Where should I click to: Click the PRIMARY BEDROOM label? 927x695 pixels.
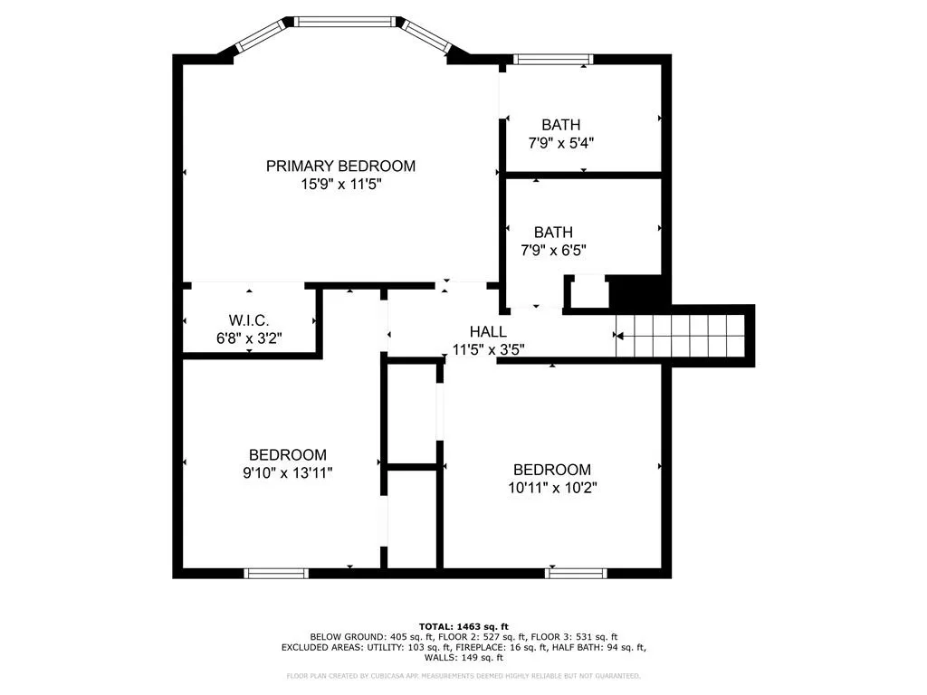tap(340, 167)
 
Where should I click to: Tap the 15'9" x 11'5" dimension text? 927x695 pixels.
tap(340, 185)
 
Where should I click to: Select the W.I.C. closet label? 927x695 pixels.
tap(249, 320)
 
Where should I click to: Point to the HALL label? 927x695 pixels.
tap(488, 331)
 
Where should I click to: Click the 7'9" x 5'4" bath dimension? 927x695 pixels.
tap(560, 143)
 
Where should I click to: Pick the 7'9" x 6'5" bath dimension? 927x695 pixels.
tap(553, 251)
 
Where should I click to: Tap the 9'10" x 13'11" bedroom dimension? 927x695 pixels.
tap(287, 473)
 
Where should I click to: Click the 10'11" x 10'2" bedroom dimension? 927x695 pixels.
tap(552, 488)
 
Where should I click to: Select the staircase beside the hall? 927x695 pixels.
tap(680, 336)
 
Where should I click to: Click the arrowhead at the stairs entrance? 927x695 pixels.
tap(618, 336)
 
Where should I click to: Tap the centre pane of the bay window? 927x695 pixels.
tap(345, 22)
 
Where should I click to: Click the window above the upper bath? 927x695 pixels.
tap(552, 59)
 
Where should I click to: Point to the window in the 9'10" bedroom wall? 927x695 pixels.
tap(276, 573)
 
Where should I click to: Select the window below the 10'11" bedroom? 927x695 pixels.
tap(576, 573)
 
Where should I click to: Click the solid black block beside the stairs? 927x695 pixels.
tap(640, 291)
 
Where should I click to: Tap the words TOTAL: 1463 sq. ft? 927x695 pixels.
tap(463, 626)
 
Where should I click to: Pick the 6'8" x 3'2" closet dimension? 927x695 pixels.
tap(249, 338)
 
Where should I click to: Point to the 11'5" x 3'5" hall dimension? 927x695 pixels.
tap(488, 350)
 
